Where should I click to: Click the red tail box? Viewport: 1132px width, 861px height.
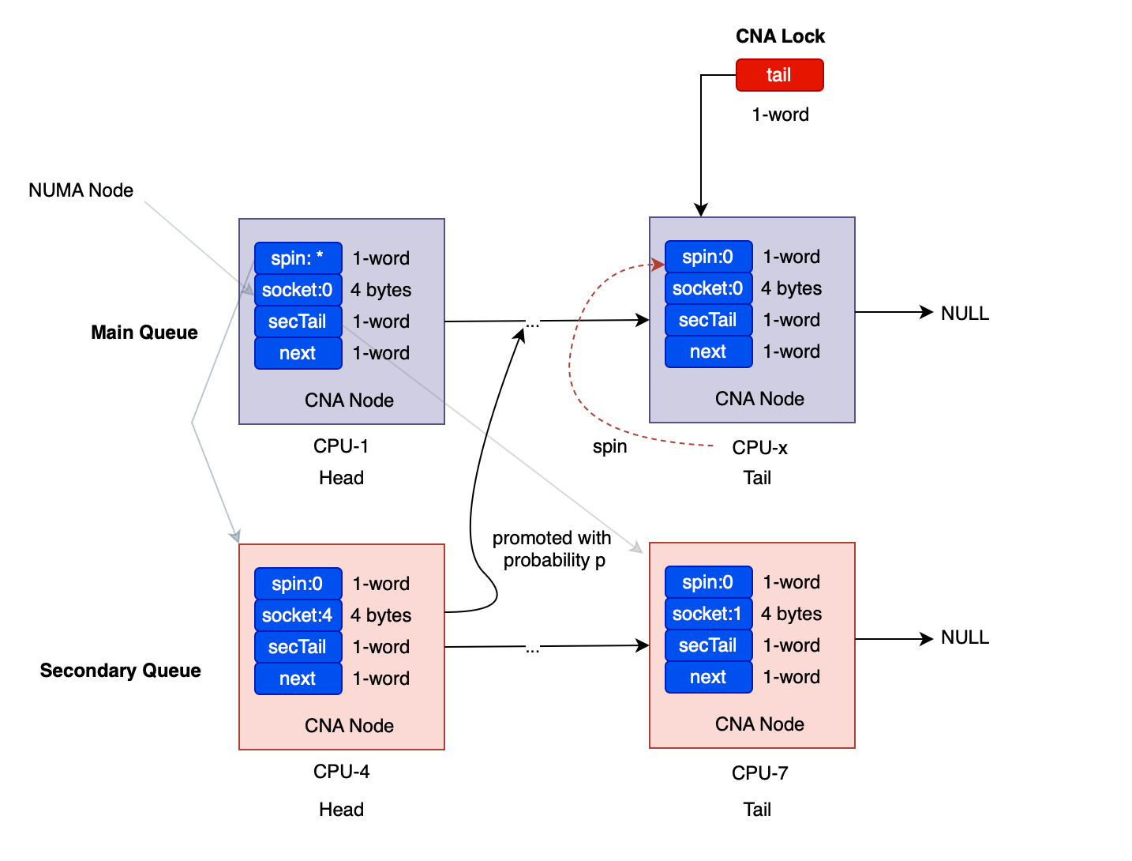pyautogui.click(x=779, y=75)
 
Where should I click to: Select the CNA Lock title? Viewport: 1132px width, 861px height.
pyautogui.click(x=780, y=36)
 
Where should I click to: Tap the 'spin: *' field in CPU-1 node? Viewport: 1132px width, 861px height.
pyautogui.click(x=298, y=258)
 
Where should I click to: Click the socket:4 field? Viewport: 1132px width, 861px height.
pyautogui.click(x=298, y=615)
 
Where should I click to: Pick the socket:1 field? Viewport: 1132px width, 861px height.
pyautogui.click(x=709, y=614)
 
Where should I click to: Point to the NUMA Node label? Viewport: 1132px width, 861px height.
pyautogui.click(x=81, y=190)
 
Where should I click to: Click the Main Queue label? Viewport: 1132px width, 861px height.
pyautogui.click(x=144, y=333)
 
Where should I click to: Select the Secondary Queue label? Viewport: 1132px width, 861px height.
pyautogui.click(x=121, y=670)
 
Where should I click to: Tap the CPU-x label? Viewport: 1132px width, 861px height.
pyautogui.click(x=759, y=447)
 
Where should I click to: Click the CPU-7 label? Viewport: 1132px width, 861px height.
pyautogui.click(x=759, y=773)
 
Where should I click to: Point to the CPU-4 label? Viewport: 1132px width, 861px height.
pyautogui.click(x=341, y=771)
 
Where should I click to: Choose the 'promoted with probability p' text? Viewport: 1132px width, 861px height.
pyautogui.click(x=552, y=549)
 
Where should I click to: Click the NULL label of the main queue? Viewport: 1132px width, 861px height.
pyautogui.click(x=965, y=313)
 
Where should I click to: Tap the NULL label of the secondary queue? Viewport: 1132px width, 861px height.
pyautogui.click(x=965, y=637)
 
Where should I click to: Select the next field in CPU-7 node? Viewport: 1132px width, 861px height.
pyautogui.click(x=709, y=677)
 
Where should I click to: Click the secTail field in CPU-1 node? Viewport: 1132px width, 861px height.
pyautogui.click(x=298, y=321)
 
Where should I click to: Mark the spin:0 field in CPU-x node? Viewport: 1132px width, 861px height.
pyautogui.click(x=709, y=257)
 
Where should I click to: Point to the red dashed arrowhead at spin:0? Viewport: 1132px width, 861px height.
pyautogui.click(x=658, y=265)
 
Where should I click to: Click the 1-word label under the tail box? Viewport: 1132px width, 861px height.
pyautogui.click(x=780, y=115)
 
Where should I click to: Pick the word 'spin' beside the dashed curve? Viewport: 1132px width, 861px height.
pyautogui.click(x=609, y=447)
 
